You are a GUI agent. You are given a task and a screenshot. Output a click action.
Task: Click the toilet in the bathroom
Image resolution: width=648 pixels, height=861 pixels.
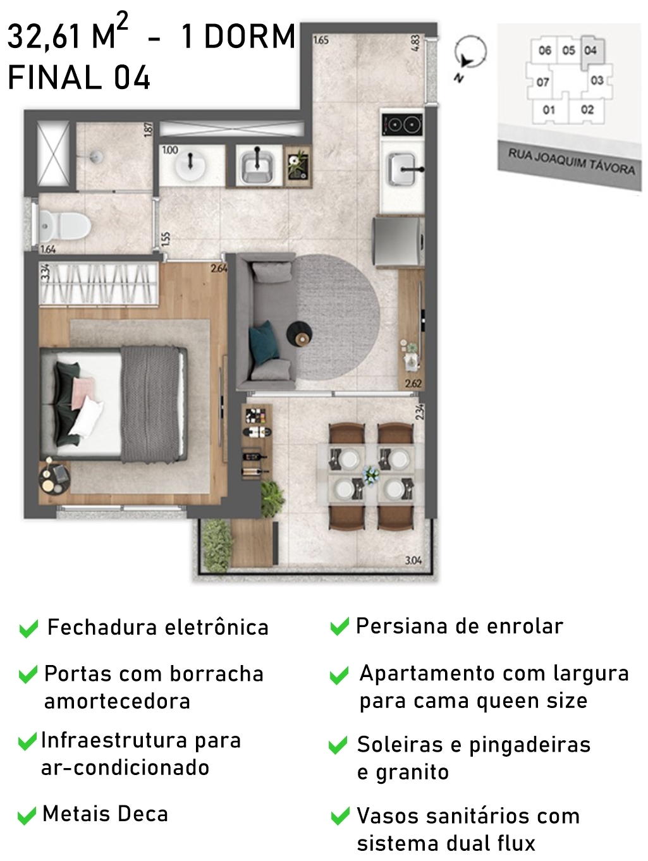tap(64, 226)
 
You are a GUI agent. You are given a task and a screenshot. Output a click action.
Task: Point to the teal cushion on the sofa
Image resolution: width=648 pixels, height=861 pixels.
tap(266, 341)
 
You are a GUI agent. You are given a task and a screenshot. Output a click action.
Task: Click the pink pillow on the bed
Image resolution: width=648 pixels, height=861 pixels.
tap(83, 392)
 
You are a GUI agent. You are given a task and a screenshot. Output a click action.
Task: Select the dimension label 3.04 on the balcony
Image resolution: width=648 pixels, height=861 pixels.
tap(413, 561)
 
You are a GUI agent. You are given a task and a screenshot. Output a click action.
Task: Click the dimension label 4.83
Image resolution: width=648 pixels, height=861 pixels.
tap(416, 43)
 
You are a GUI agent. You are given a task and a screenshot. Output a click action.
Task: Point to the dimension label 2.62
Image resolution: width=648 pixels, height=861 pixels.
tap(413, 383)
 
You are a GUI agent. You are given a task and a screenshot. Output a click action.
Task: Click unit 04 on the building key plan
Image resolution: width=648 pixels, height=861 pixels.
tap(590, 50)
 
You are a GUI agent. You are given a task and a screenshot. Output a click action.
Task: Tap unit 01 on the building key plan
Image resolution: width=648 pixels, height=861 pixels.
tap(548, 109)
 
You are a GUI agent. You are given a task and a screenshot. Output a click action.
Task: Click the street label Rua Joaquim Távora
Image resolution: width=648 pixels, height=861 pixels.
tap(571, 161)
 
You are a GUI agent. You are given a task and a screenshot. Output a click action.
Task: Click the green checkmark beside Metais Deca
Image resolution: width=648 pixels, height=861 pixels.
tap(27, 816)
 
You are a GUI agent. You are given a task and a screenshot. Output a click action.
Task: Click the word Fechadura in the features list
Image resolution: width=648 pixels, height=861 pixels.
tap(102, 627)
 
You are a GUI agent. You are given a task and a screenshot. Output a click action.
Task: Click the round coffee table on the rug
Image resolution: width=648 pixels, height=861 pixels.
tap(300, 334)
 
